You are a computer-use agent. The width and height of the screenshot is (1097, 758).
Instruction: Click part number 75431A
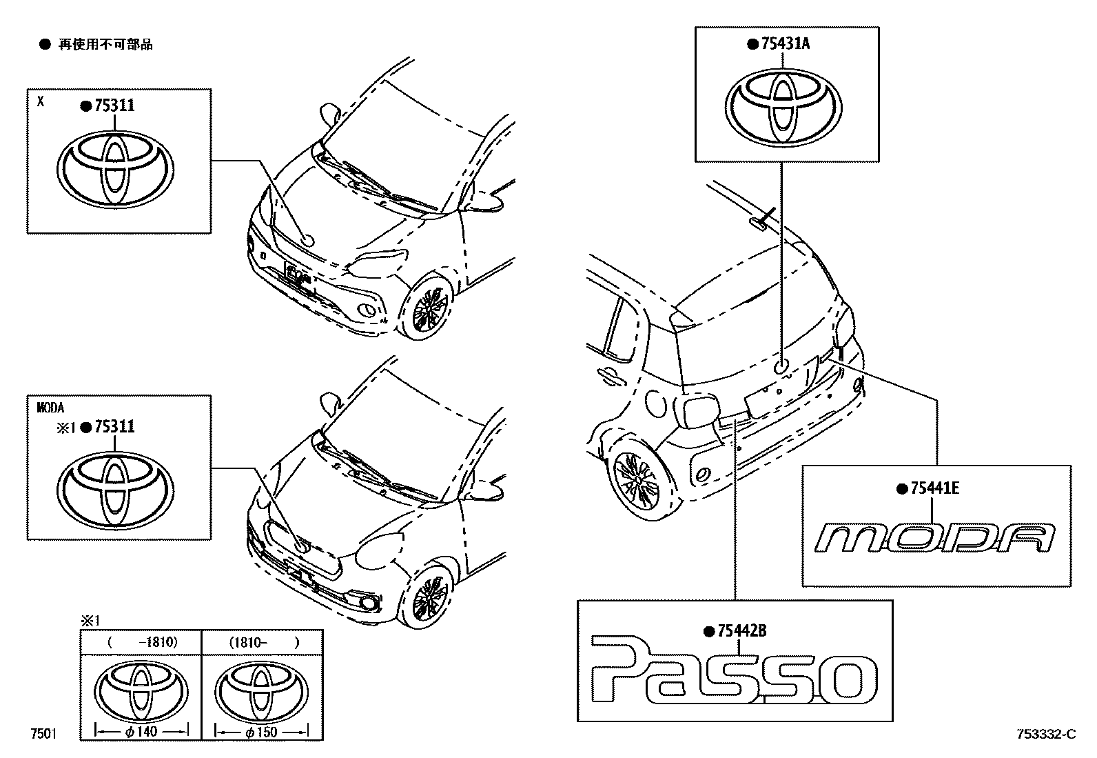click(x=786, y=44)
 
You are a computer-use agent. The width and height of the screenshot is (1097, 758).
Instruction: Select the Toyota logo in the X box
click(x=115, y=168)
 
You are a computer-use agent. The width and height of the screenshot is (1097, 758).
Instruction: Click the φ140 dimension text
click(x=142, y=732)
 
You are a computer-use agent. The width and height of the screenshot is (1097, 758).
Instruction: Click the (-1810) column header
click(x=141, y=642)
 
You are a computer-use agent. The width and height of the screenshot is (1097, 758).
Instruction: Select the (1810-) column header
click(x=262, y=642)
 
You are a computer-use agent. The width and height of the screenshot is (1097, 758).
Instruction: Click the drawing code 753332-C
click(x=1045, y=735)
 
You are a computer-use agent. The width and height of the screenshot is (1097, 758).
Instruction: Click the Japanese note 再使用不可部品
click(x=105, y=45)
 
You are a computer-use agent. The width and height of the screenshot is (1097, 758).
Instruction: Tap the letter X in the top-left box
click(x=41, y=101)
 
